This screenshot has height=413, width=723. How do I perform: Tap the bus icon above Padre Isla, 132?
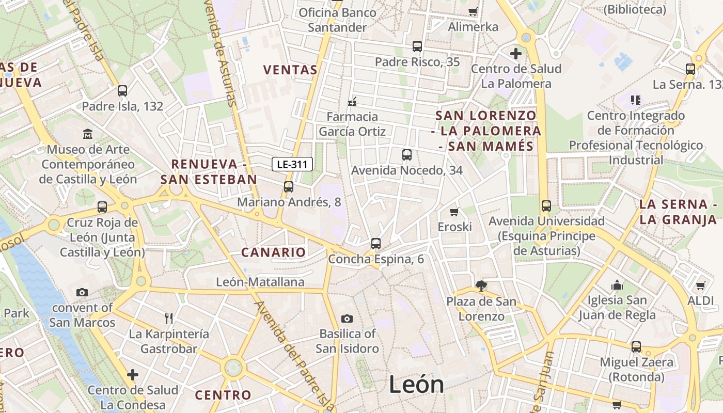coord(122,91)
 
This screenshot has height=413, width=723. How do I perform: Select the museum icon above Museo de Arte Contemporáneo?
coord(88,134)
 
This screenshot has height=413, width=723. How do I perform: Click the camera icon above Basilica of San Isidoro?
coord(347,319)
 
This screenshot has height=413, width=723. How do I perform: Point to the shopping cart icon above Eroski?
coord(454,212)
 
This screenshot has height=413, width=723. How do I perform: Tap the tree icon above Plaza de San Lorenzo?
coord(481,285)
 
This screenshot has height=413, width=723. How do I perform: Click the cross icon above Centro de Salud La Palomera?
coord(515,53)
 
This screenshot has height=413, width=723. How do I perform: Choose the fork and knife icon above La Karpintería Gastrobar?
coord(169,318)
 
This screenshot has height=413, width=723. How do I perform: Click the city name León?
coord(416,385)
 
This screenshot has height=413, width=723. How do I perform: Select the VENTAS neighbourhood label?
coord(290,70)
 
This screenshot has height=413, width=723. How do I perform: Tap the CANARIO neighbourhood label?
coord(274,252)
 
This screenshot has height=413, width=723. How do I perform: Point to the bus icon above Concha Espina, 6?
coord(376,244)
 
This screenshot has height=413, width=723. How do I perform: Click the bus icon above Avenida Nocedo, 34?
coord(407,155)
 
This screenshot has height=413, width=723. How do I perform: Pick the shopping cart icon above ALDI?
coord(701,285)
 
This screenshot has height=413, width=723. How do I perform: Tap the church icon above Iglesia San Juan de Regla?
coord(617,285)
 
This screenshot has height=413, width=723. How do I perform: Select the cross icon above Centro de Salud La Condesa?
coord(133,374)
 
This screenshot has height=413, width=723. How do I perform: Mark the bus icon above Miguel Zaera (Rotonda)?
coord(636,347)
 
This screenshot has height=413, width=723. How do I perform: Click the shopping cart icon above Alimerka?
coord(473,11)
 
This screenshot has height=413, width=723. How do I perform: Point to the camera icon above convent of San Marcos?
coord(82,293)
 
